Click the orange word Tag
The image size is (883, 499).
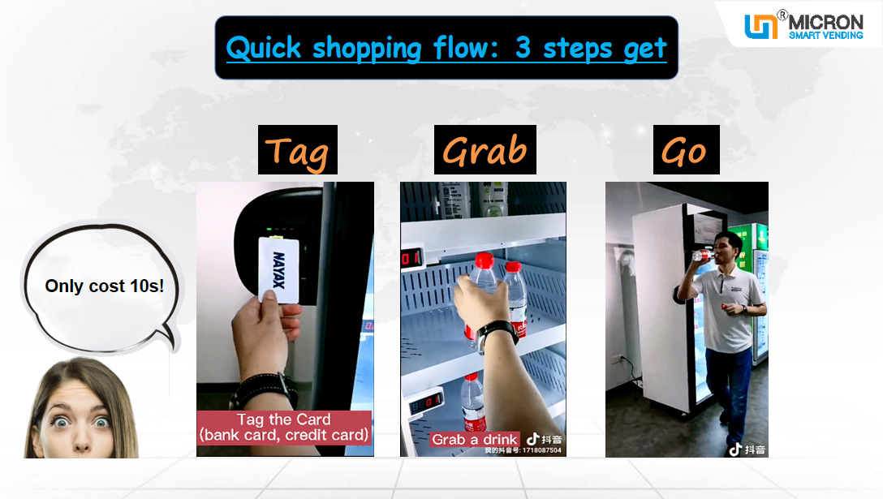coord(297,150)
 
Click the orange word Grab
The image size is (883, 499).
coord(485,150)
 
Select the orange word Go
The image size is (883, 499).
coord(685,150)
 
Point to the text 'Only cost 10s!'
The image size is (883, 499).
coord(104,286)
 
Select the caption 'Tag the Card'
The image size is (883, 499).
coord(283,419)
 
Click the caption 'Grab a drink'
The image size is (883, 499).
coord(474,440)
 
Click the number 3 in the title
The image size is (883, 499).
coord(523,48)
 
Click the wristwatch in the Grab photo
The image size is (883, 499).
coord(497,333)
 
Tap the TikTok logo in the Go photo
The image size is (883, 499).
coord(734,449)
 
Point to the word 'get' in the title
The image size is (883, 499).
coord(645,48)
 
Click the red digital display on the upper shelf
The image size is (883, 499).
coord(408,259)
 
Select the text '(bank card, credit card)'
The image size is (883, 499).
coord(283,435)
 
